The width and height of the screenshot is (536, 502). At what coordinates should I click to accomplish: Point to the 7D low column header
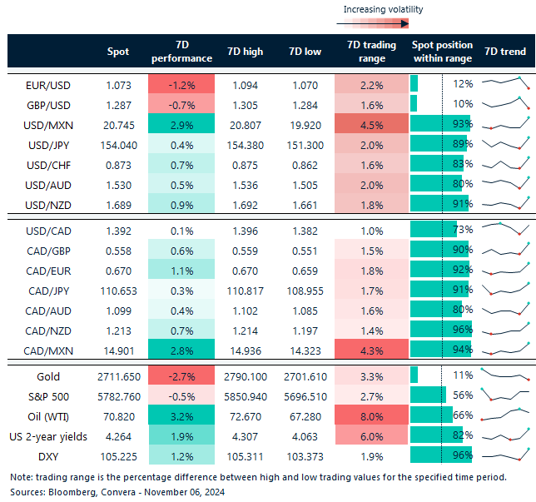305,52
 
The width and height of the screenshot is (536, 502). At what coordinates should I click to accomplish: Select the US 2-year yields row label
48,435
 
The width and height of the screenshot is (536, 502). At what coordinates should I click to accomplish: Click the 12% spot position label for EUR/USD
463,84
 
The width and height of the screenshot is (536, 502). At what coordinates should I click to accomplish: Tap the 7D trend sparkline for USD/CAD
504,229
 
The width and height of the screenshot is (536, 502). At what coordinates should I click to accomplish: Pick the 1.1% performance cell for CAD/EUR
181,269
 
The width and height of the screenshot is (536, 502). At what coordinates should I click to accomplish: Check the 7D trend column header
504,52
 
